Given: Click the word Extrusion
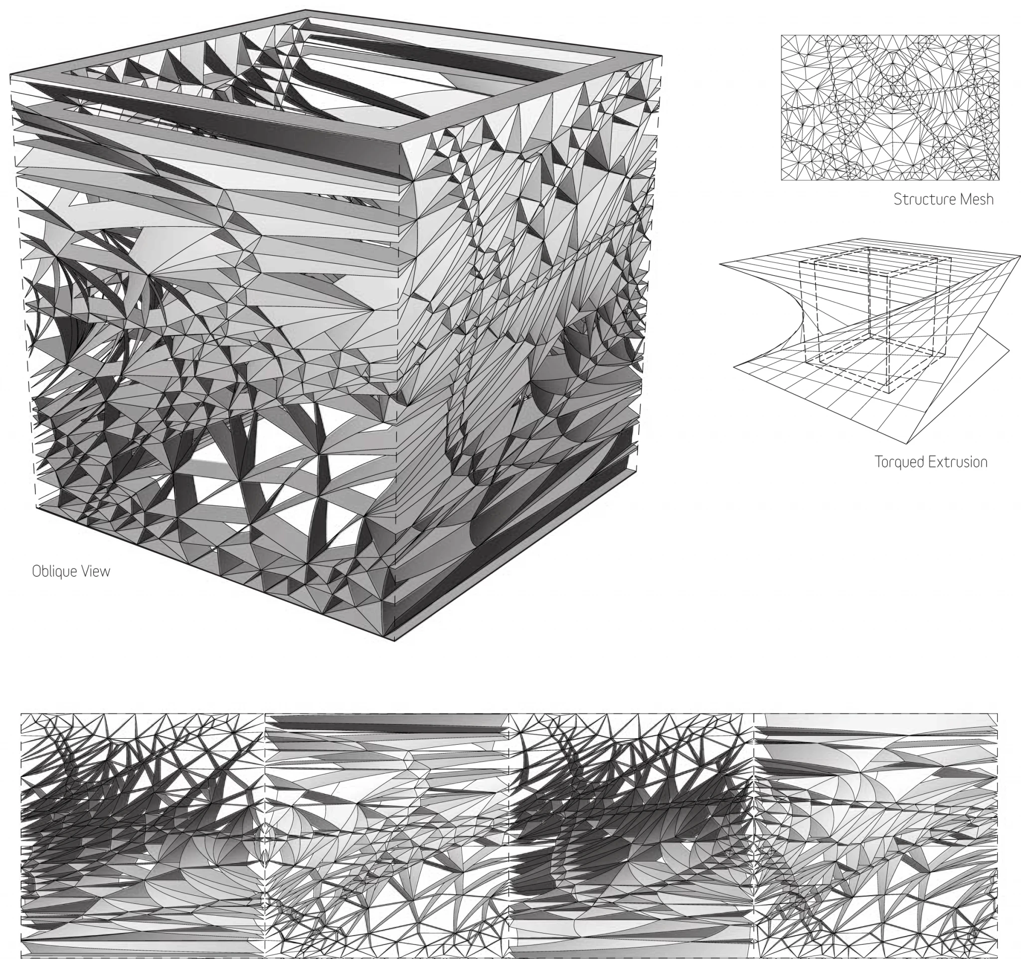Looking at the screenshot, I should (958, 462).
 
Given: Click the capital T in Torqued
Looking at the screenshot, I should (879, 462).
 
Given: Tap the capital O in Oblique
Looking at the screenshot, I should (36, 571).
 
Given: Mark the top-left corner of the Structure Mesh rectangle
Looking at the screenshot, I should (782, 35).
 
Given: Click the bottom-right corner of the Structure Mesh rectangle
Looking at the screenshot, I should (1000, 179).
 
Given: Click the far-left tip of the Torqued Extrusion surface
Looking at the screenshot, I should (720, 264).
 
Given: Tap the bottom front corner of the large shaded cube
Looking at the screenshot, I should (394, 640).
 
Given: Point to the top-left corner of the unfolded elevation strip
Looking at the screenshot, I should (21, 714).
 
